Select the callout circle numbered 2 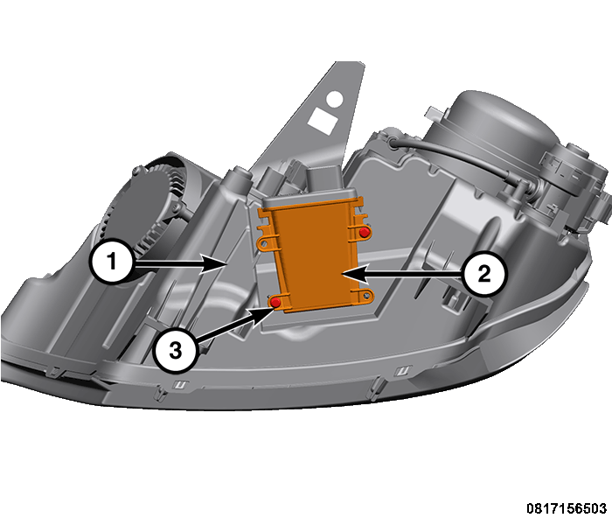(483, 276)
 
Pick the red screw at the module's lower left (275, 302)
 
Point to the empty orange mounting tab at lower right (369, 298)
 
